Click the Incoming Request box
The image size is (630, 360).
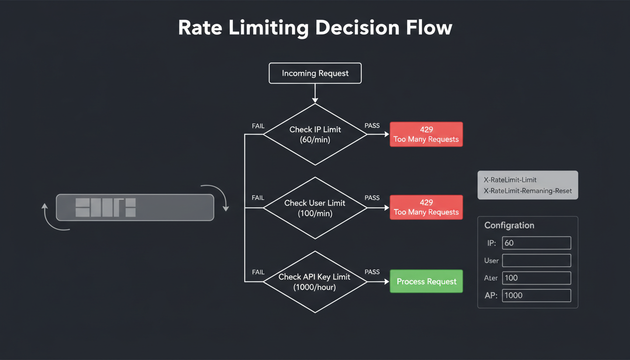[x=315, y=74]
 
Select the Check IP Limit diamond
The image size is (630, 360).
[x=315, y=135]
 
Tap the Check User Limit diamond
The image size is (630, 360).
[x=315, y=208]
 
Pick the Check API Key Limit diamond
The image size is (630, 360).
[x=315, y=282]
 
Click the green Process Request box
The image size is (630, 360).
[x=426, y=281]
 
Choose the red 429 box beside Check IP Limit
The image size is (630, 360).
[x=426, y=135]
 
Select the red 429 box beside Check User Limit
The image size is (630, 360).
[x=426, y=208]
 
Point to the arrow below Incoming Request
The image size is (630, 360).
[x=315, y=94]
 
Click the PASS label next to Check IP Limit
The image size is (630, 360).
[x=372, y=126]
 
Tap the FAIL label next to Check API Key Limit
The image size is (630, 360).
[x=258, y=272]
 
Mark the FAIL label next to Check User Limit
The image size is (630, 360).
[x=258, y=198]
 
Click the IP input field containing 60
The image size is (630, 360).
[x=536, y=243]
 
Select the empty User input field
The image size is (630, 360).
[x=536, y=261]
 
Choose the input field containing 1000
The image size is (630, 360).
[x=536, y=295]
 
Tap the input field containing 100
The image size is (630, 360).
[x=536, y=278]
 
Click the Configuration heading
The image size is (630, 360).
[x=509, y=225]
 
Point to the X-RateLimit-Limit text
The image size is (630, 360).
[x=510, y=180]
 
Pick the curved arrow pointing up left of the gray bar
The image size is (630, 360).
[x=52, y=218]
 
